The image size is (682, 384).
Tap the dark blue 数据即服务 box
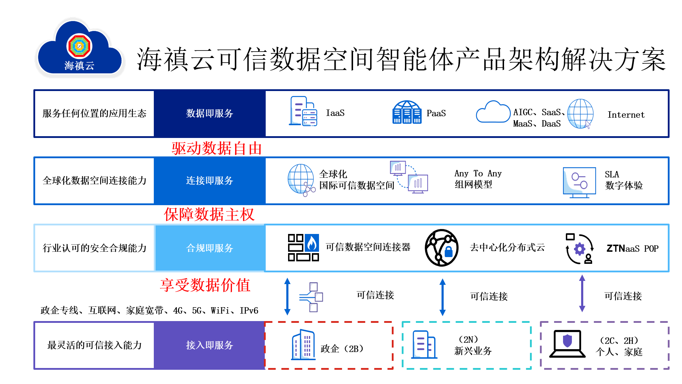210,113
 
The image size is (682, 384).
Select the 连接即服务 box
210,181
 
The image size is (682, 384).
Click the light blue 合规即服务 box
210,248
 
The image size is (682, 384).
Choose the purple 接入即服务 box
210,345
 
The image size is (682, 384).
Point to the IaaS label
335,113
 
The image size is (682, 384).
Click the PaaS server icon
407,112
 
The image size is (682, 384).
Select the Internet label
626,115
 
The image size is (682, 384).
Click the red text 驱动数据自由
217,148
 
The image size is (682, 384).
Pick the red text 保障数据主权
209,214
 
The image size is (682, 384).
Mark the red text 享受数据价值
205,285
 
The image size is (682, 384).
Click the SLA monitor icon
579,182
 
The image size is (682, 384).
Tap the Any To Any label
478,174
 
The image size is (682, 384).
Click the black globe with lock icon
442,248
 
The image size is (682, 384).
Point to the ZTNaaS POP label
632,248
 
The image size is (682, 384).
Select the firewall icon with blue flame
303,247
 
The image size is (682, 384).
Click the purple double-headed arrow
582,293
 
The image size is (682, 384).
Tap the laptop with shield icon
567,343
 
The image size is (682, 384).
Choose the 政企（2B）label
342,349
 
